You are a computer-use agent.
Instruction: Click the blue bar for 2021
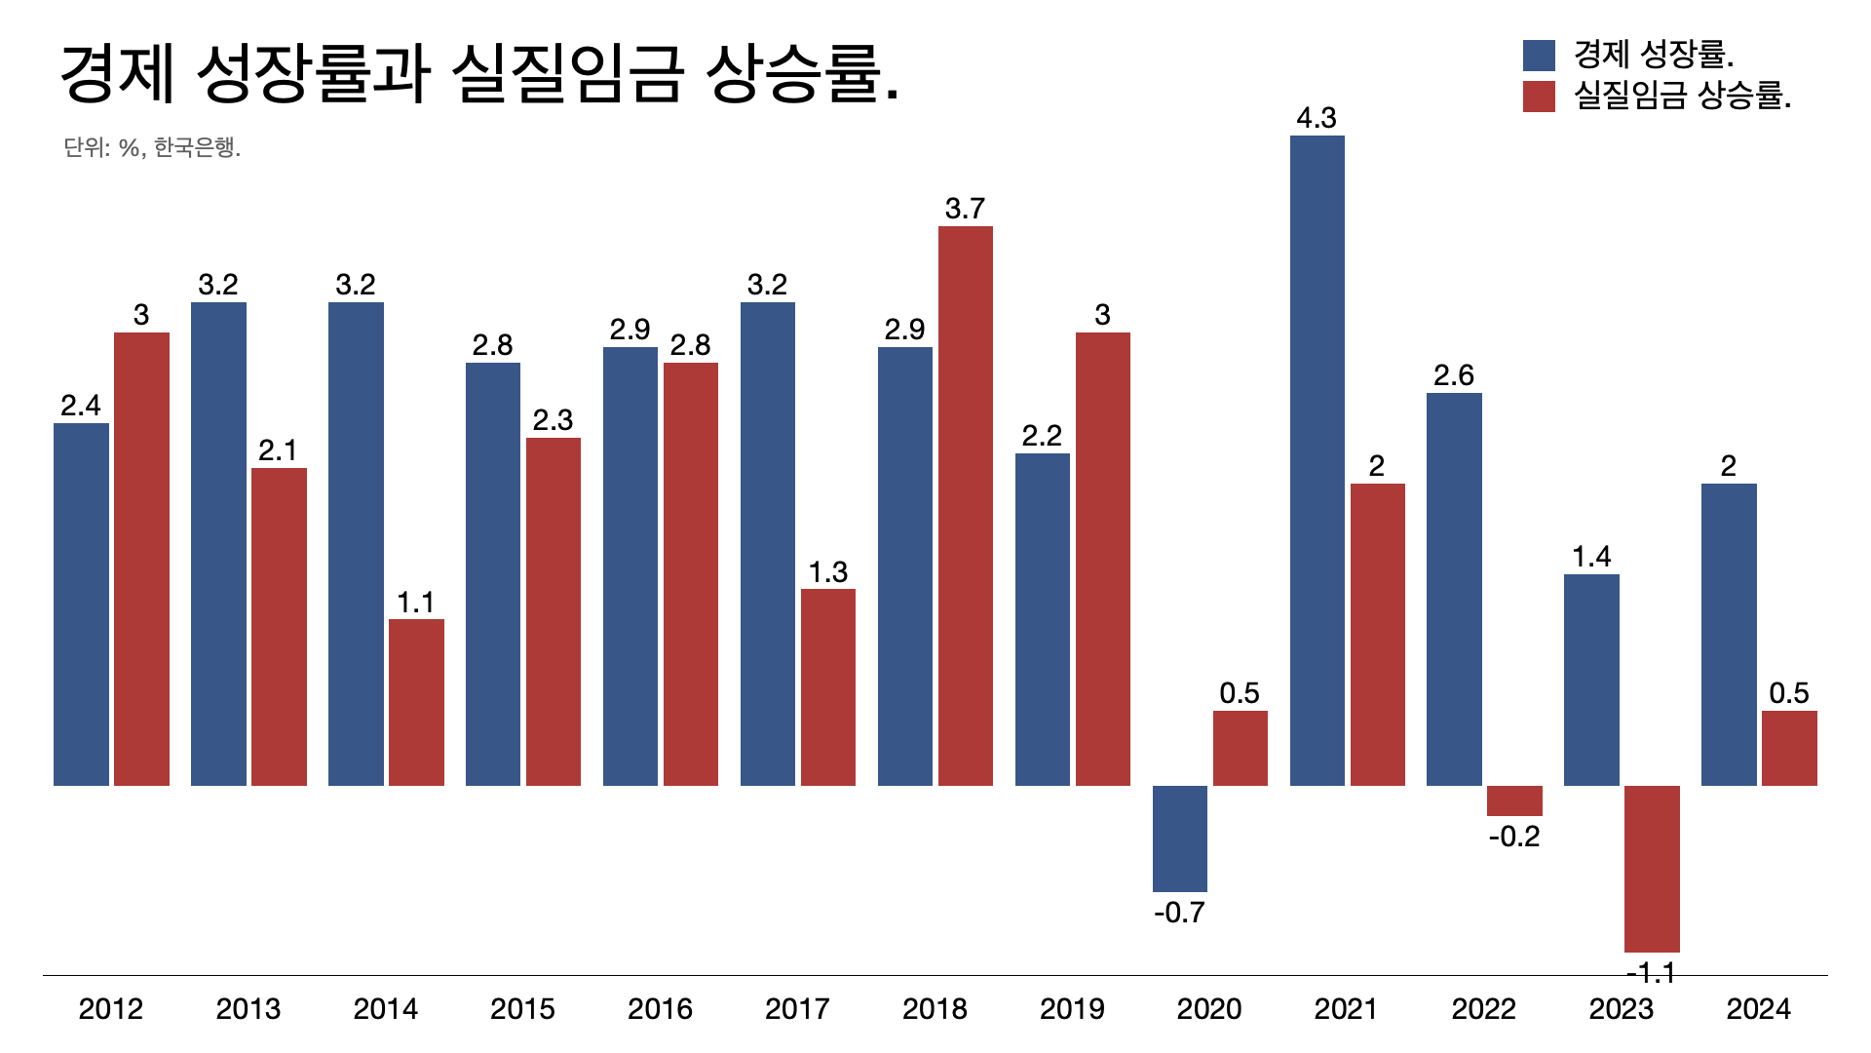pos(1317,460)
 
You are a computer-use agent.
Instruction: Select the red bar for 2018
pos(965,506)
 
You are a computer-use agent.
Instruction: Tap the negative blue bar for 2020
pos(1179,838)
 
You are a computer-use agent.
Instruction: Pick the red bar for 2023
pos(1652,869)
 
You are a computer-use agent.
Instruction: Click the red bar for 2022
pos(1514,800)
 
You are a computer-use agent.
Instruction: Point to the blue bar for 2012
pos(81,604)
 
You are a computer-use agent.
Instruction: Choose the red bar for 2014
pos(416,702)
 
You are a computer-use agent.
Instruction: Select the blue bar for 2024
pos(1729,635)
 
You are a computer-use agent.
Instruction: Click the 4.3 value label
pos(1317,118)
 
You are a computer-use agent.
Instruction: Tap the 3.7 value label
pos(965,209)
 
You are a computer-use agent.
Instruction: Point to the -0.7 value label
pos(1179,913)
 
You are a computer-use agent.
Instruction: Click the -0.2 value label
pos(1514,837)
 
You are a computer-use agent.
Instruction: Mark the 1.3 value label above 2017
pos(827,572)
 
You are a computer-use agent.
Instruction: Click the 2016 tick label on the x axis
pos(660,1008)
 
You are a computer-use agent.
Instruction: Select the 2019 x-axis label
pos(1072,1008)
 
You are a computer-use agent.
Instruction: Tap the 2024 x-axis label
pos(1758,1008)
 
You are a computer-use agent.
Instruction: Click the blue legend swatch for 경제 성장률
pos(1539,56)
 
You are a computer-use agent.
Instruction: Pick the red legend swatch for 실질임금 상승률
pos(1539,97)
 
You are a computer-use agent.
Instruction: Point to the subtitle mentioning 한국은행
pos(152,147)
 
